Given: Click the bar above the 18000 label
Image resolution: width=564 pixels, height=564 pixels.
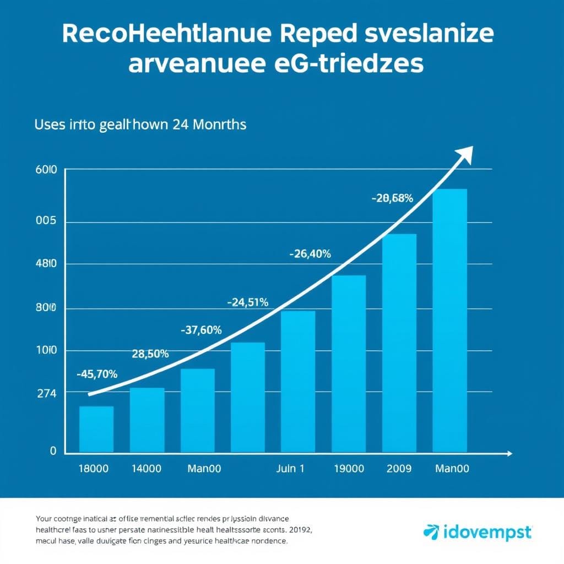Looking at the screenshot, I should click(96, 429).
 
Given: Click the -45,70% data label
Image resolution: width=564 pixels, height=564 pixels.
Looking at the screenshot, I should click(97, 374).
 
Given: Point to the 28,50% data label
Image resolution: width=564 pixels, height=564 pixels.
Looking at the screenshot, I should click(150, 354).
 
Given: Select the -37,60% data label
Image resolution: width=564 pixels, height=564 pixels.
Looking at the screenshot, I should click(201, 330).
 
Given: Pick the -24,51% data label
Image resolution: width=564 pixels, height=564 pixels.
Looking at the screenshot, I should click(247, 302).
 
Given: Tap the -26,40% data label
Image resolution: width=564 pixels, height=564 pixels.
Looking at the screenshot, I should click(310, 254).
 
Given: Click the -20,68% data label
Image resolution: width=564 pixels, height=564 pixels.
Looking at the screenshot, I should click(392, 199).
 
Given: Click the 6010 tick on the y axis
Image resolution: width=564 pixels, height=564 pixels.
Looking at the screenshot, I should click(46, 171).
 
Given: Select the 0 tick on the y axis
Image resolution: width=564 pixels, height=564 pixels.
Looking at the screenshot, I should click(53, 451).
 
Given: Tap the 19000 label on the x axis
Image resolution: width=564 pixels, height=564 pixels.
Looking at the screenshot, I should click(349, 469).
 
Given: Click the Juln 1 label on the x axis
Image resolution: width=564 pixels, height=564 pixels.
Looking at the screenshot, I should click(290, 469).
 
